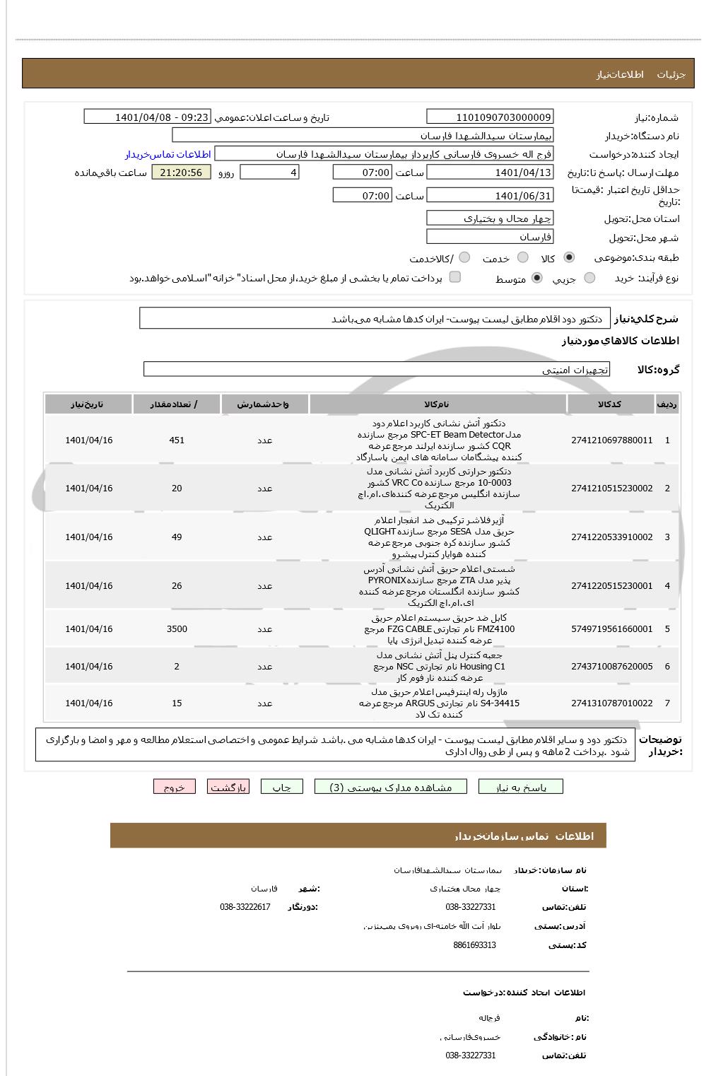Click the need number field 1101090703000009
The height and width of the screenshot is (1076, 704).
pyautogui.click(x=490, y=117)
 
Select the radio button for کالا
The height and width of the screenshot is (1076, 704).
pyautogui.click(x=569, y=258)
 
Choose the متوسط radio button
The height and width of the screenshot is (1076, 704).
pyautogui.click(x=537, y=279)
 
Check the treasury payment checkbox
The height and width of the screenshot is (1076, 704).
pyautogui.click(x=455, y=277)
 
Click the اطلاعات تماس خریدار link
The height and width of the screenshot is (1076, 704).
pyautogui.click(x=168, y=154)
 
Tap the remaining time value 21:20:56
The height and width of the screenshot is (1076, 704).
pyautogui.click(x=181, y=172)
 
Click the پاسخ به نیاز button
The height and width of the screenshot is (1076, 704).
pyautogui.click(x=521, y=787)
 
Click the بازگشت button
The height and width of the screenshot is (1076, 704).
pyautogui.click(x=228, y=787)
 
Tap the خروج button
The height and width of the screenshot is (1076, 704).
pyautogui.click(x=174, y=787)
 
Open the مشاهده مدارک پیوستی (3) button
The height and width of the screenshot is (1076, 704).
pyautogui.click(x=391, y=787)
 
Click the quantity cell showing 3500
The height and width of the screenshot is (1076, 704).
pyautogui.click(x=177, y=629)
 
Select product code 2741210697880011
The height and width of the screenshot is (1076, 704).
pyautogui.click(x=611, y=440)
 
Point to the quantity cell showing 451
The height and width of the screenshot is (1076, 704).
pyautogui.click(x=177, y=440)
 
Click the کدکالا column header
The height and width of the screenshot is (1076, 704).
pyautogui.click(x=609, y=404)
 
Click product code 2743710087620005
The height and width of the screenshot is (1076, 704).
pyautogui.click(x=611, y=667)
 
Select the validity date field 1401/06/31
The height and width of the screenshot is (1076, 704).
pyautogui.click(x=490, y=196)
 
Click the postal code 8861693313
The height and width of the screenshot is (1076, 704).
pyautogui.click(x=474, y=945)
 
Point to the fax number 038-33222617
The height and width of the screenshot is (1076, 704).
pyautogui.click(x=245, y=907)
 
